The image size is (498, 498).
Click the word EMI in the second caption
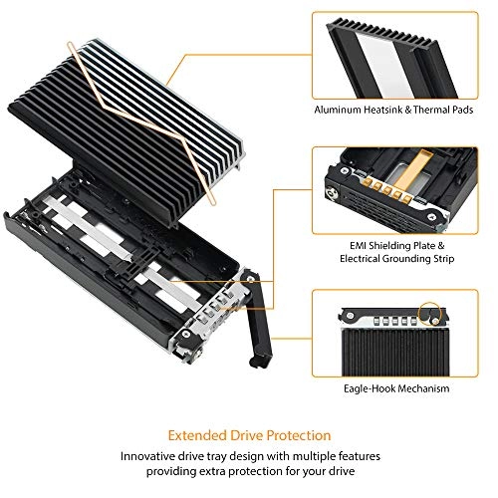click(x=352, y=241)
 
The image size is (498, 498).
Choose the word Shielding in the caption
click(x=388, y=241)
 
